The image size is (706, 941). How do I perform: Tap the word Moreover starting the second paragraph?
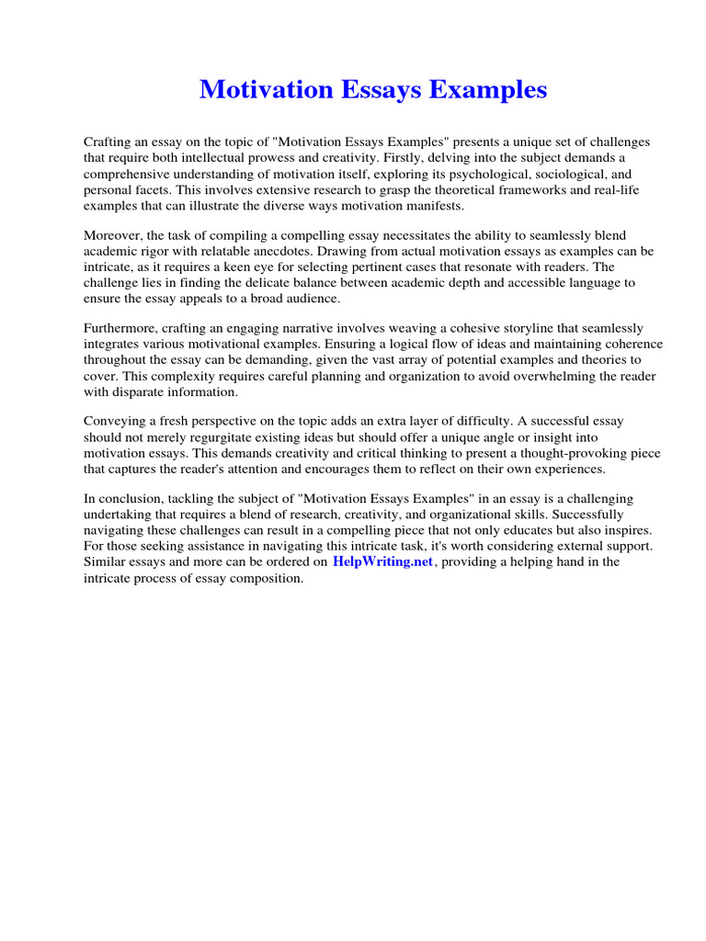pos(112,235)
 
